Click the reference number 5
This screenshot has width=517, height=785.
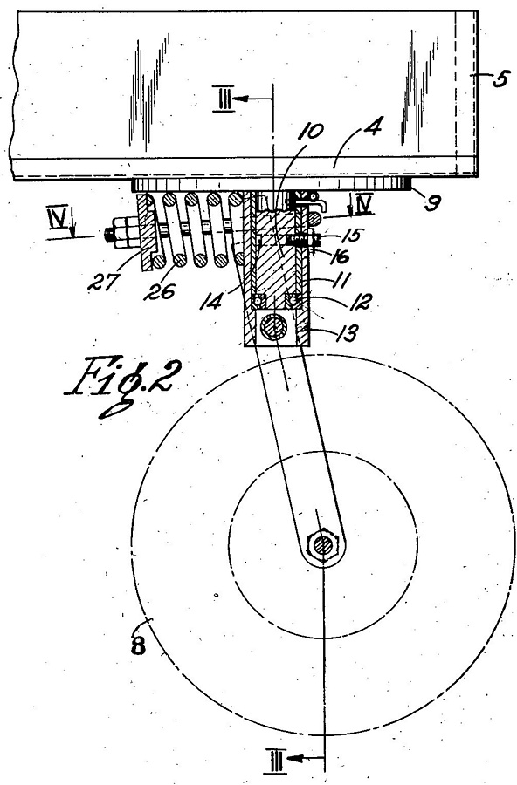(500, 78)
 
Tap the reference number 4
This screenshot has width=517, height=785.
(370, 127)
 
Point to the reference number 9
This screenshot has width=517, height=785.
(433, 201)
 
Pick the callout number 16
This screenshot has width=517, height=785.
(339, 257)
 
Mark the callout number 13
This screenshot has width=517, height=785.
(346, 332)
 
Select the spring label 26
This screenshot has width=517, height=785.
(160, 290)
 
